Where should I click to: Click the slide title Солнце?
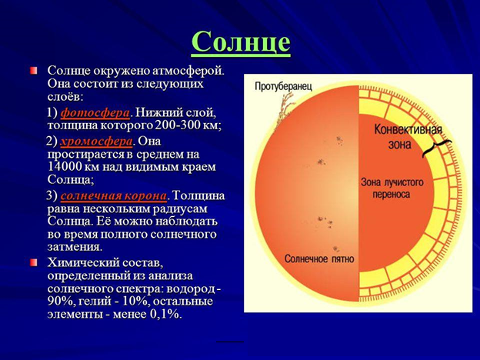tap(241, 43)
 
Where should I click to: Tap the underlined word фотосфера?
tap(95, 113)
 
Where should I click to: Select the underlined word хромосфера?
tap(96, 142)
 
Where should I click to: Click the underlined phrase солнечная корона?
tap(114, 195)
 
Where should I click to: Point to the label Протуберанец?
tap(284, 86)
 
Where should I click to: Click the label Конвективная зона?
tap(408, 136)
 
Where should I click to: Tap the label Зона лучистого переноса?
tap(392, 188)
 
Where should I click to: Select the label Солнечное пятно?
tap(319, 258)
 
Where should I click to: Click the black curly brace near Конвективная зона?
tap(436, 148)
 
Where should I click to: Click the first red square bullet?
tap(34, 71)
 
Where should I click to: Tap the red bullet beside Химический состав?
tap(34, 262)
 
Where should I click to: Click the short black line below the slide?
tap(230, 342)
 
